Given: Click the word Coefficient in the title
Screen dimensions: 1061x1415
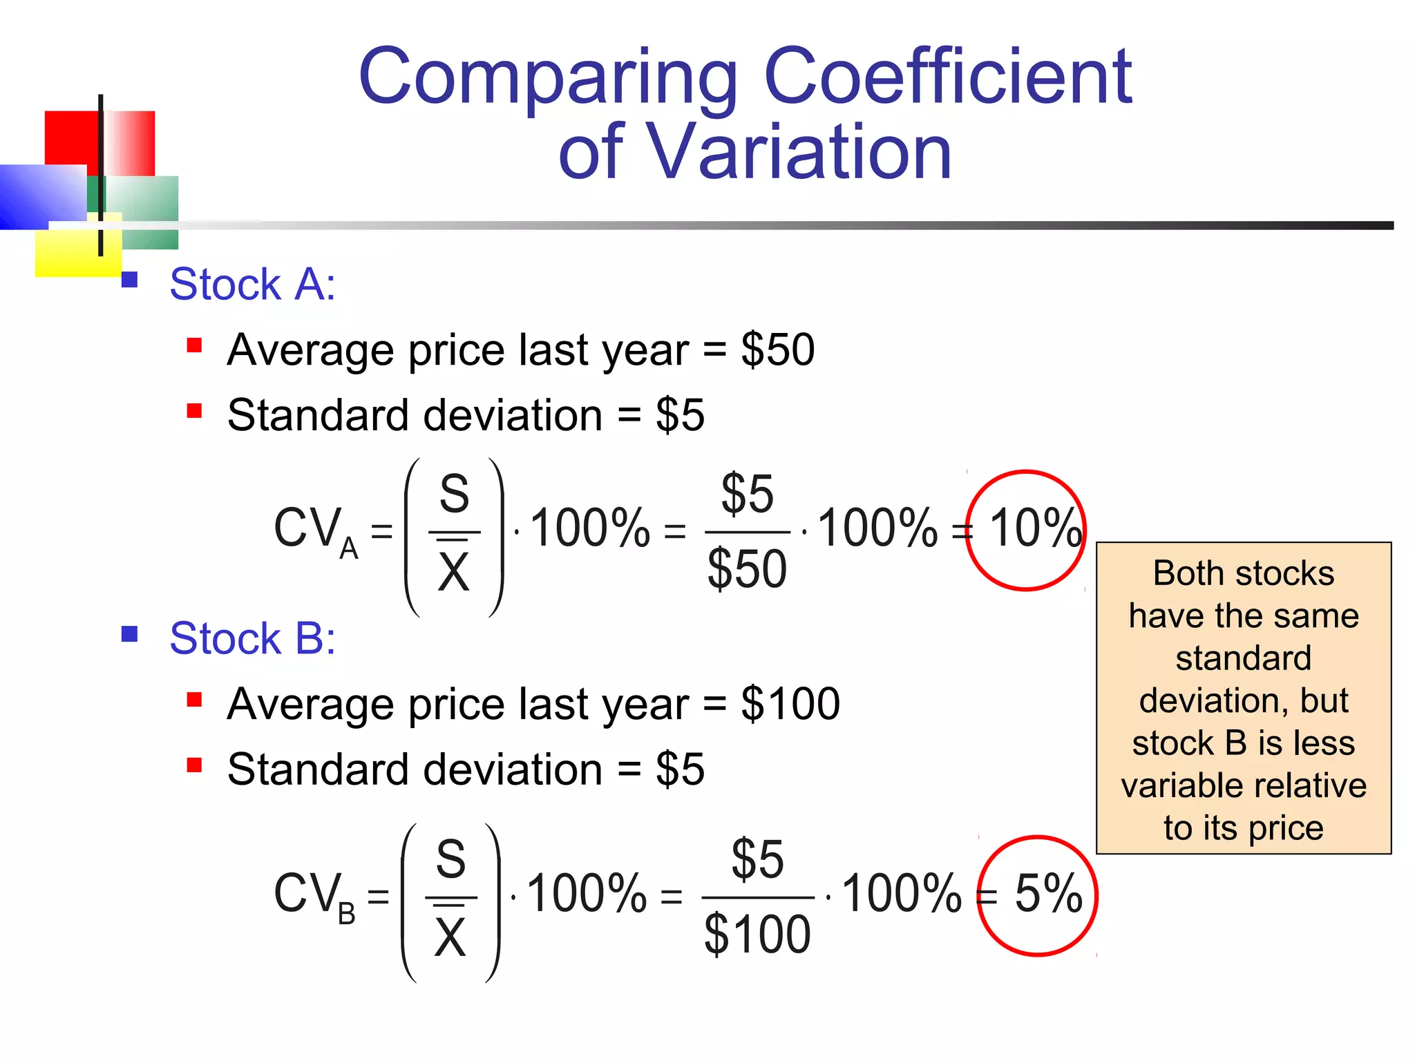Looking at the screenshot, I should (x=948, y=76).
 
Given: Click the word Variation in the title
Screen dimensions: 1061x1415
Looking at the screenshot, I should (x=800, y=152).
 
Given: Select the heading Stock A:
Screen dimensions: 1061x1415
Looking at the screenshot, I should (x=253, y=284).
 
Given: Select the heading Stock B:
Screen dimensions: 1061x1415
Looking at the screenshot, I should (x=253, y=638).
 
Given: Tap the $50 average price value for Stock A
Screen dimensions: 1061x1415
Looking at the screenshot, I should (x=778, y=350).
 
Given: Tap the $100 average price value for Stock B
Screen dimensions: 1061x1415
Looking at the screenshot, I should (x=790, y=704).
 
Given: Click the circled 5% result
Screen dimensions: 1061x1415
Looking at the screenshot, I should (x=1047, y=895).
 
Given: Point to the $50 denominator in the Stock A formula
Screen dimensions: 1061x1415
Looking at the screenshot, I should (x=747, y=569).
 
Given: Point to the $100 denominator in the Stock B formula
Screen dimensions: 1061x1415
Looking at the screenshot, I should (x=757, y=935).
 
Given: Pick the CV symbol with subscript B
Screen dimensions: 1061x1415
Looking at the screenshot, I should (x=314, y=896).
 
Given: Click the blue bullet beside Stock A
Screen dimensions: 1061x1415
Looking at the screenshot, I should (x=129, y=280).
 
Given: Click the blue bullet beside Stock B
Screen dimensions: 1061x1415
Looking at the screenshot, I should (x=129, y=633).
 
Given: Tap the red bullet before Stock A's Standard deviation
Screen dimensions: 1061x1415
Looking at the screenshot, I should (x=194, y=412).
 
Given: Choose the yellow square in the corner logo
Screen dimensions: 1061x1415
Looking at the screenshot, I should (x=69, y=252).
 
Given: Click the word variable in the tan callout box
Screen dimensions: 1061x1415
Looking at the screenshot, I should (x=1175, y=786).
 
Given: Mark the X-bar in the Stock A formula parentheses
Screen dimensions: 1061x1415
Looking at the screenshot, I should (x=454, y=571).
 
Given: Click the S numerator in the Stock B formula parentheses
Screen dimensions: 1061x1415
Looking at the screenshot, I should (x=451, y=860).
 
